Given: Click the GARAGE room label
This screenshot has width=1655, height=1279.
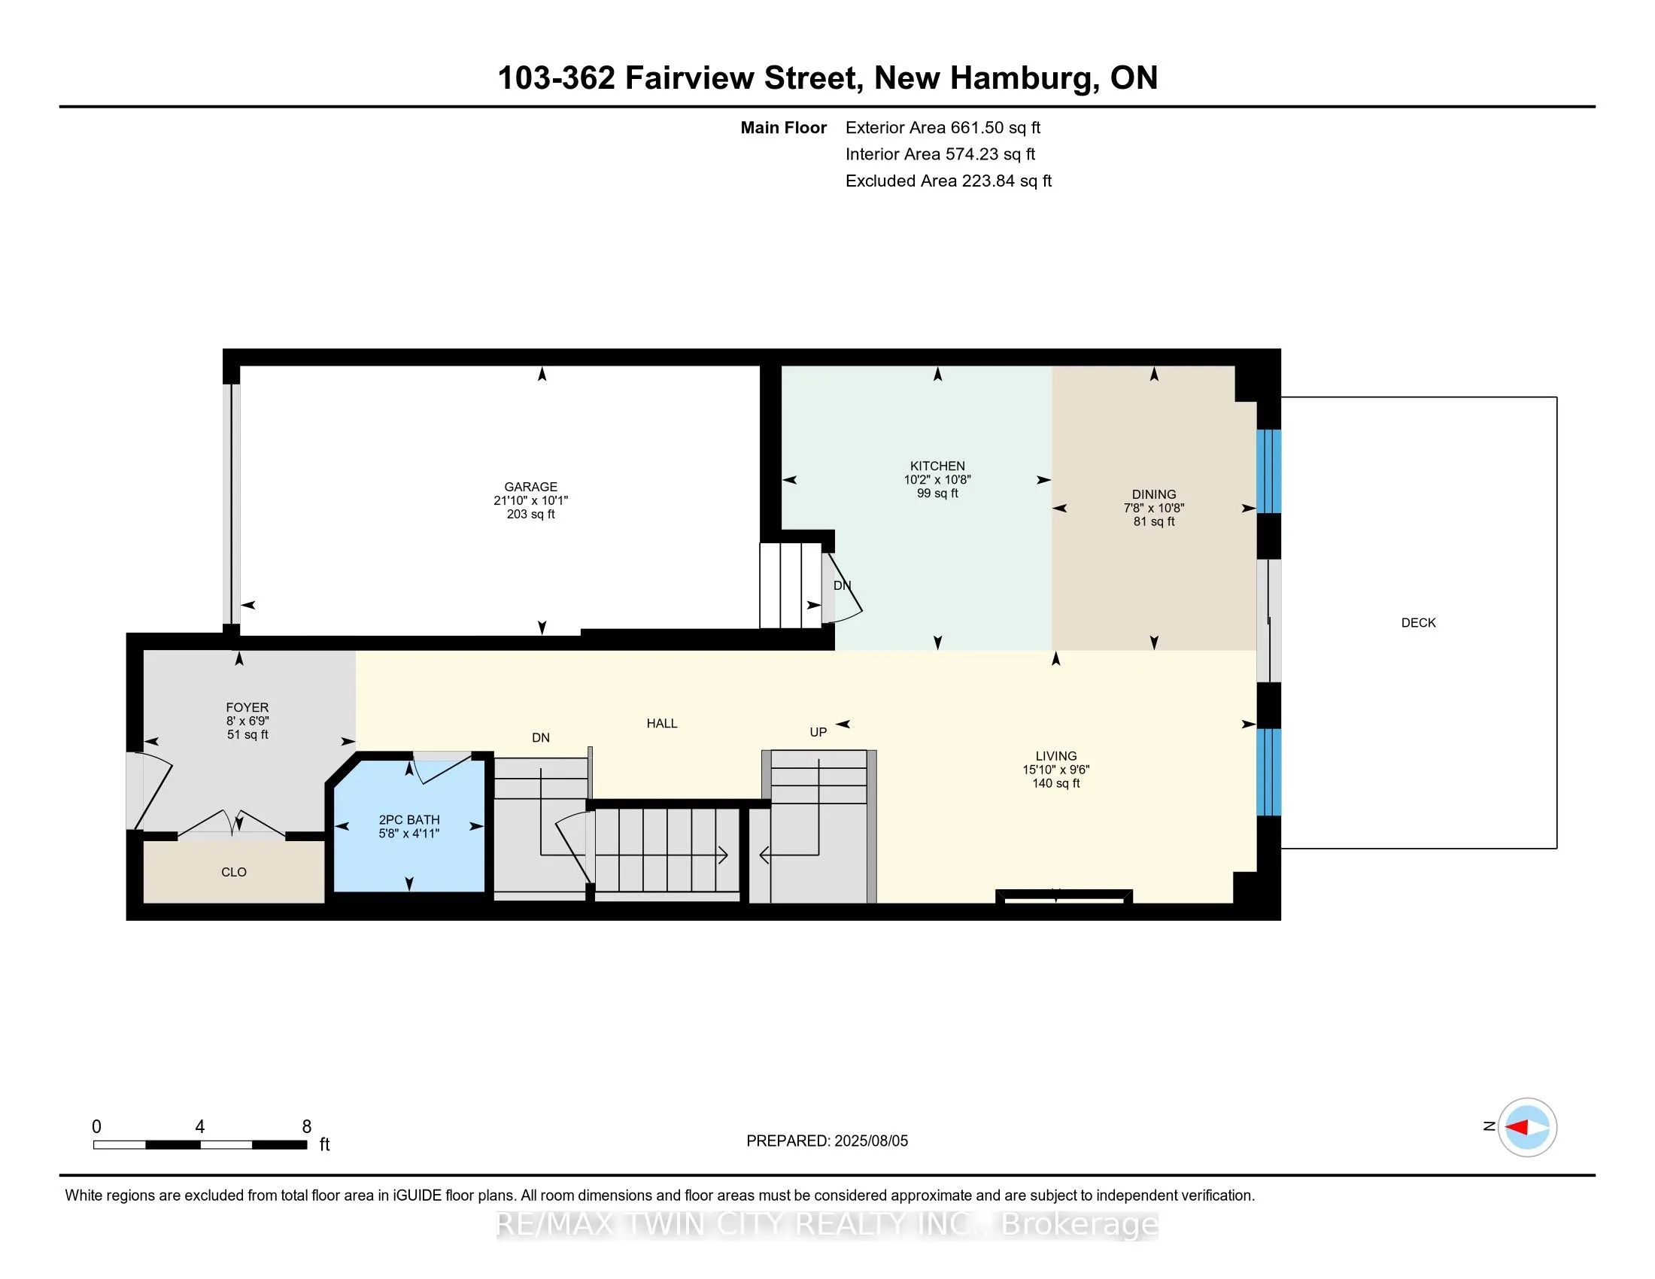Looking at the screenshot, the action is [530, 487].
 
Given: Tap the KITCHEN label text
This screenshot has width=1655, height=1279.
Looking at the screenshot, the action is [937, 466].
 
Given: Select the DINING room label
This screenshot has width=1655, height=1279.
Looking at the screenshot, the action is [1154, 494].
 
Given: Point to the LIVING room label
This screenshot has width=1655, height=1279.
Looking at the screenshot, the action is [1056, 755].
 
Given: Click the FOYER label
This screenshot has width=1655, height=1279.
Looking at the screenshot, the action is [247, 707].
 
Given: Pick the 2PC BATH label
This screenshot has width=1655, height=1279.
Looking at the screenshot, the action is [409, 819].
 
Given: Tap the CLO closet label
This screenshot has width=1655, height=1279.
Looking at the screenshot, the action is [234, 872].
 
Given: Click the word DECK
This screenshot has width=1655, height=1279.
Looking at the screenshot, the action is [1419, 622].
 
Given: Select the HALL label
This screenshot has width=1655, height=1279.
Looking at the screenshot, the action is [661, 723].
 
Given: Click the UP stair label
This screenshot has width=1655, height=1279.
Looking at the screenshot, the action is [818, 732].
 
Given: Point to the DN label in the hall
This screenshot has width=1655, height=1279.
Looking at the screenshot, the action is [540, 737].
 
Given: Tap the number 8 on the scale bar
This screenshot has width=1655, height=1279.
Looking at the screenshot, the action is [307, 1127].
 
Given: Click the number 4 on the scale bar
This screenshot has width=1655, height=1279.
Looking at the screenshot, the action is [200, 1127].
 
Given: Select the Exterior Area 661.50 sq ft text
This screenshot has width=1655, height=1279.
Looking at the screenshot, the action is [943, 127].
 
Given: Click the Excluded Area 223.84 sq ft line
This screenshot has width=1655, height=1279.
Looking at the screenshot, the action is [949, 181].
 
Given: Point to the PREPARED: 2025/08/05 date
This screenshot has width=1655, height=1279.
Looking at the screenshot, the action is [827, 1141].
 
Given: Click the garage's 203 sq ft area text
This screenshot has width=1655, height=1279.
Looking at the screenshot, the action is [530, 514].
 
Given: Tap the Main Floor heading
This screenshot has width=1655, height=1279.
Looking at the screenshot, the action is [784, 127].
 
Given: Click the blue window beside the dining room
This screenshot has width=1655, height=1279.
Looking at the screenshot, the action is [1268, 471].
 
